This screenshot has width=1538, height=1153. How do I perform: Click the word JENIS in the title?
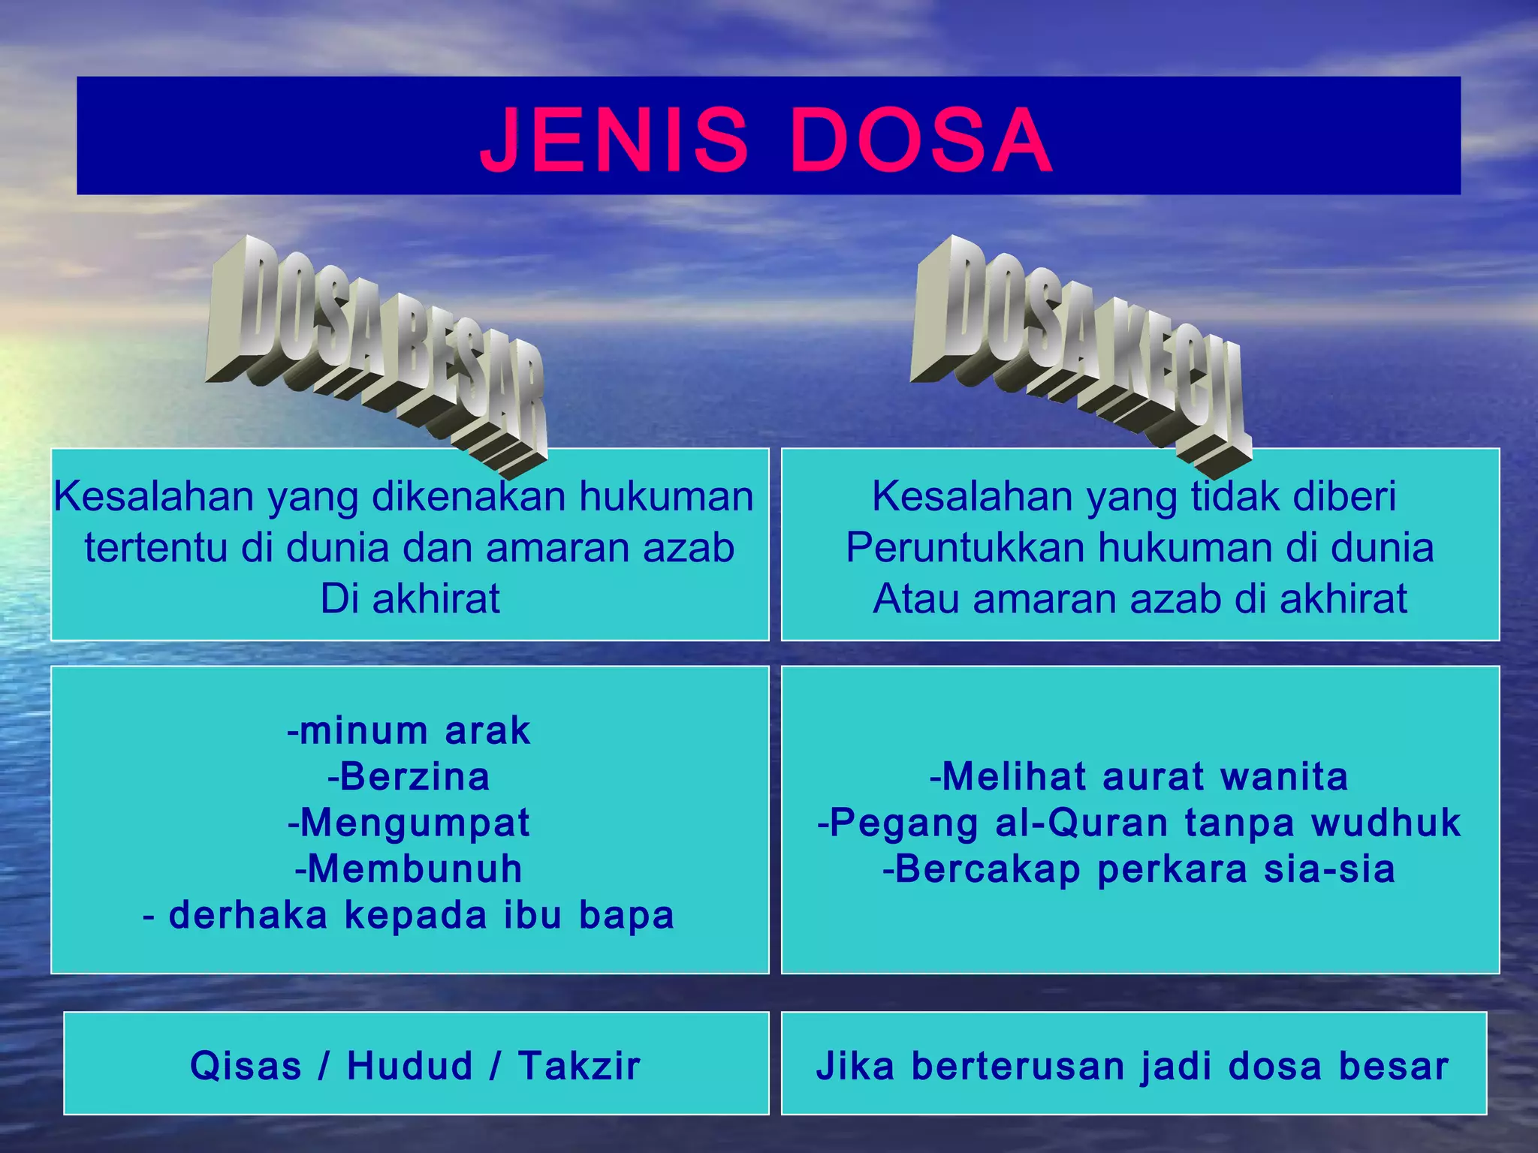point(614,140)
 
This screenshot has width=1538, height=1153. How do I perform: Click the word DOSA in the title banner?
point(921,140)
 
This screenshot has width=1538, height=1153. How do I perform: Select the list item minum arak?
point(409,730)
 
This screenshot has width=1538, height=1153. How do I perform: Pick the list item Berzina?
point(409,776)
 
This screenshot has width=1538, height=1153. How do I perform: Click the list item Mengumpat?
point(409,823)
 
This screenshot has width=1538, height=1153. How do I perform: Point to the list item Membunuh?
point(409,869)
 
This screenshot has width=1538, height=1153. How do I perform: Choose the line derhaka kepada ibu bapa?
point(409,915)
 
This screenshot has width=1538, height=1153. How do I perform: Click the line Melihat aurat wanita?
point(1139,776)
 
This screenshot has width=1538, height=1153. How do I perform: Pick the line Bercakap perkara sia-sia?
point(1139,869)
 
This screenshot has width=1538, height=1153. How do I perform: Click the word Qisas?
point(246,1066)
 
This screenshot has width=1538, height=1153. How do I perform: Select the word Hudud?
point(410,1066)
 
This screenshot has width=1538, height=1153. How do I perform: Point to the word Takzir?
point(579,1066)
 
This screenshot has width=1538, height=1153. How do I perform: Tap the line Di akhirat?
point(410,599)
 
